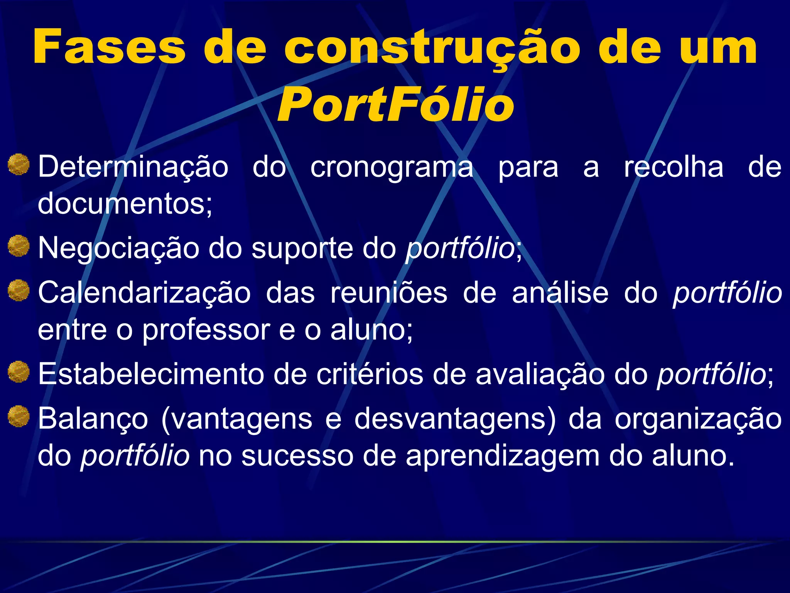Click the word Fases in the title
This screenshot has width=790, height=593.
109,47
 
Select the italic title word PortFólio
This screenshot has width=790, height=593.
395,105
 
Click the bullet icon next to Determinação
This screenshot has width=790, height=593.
19,164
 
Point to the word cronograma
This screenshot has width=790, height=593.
392,168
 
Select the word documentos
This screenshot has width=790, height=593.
125,203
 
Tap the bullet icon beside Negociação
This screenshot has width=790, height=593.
19,246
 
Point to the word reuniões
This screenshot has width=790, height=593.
388,293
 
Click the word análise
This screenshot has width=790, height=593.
560,293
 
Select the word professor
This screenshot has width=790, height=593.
206,330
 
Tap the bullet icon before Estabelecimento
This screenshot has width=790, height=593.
19,372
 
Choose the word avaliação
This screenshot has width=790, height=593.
540,374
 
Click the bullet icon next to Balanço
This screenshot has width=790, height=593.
19,416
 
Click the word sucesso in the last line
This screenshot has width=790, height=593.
297,456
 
